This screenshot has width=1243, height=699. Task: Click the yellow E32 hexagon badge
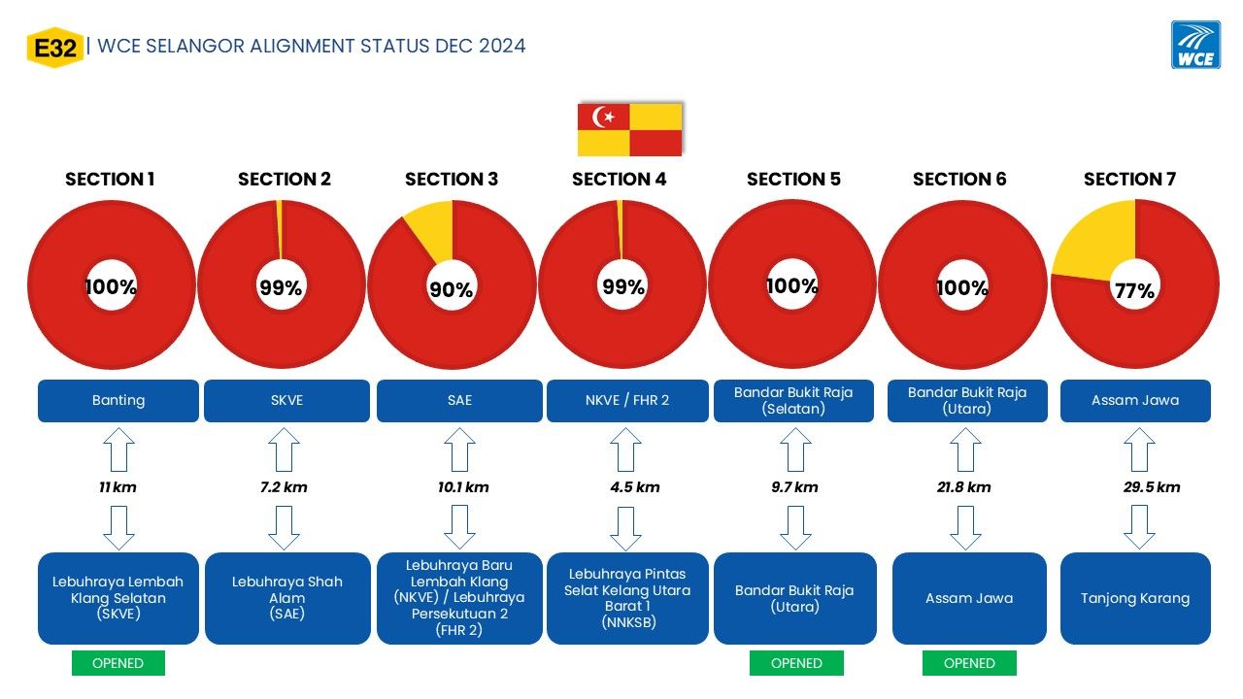pos(55,48)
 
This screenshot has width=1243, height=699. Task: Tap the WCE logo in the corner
pos(1195,45)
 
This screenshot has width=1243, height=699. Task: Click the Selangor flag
pos(629,129)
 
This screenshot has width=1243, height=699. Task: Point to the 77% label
pos(1134,290)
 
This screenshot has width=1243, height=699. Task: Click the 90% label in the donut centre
pos(452,289)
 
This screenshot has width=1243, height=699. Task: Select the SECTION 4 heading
pos(619,180)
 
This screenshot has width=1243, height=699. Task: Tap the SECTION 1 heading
pos(110,180)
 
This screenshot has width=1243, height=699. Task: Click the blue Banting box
pos(118,401)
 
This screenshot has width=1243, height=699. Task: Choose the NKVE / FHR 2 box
pos(627,401)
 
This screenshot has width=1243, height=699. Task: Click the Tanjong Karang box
pos(1135,598)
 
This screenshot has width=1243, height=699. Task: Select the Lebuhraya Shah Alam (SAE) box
pos(287,598)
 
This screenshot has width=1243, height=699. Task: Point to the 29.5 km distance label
pos(1152,487)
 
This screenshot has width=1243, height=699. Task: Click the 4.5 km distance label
pos(635,487)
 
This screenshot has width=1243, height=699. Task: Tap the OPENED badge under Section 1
pos(118,663)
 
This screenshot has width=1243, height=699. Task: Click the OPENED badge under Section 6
pos(969,663)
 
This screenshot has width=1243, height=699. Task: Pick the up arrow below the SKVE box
pos(285,449)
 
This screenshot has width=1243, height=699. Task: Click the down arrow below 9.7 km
pos(795,527)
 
